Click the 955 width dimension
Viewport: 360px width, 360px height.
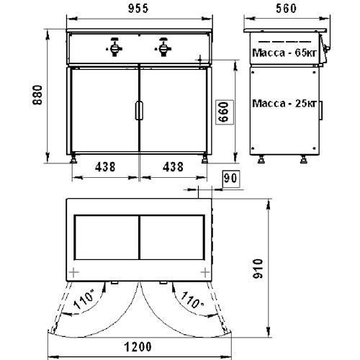[x=138, y=9]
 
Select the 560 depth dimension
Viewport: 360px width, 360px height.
[x=286, y=9]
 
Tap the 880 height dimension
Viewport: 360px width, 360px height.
[x=37, y=95]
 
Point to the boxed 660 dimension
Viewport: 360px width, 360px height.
[x=225, y=112]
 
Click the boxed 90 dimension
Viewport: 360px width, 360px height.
[x=231, y=179]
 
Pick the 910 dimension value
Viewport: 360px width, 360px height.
[x=258, y=269]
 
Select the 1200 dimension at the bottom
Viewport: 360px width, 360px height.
[x=138, y=347]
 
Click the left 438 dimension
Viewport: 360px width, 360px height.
[x=105, y=167]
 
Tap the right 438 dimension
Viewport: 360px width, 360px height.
[x=173, y=167]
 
